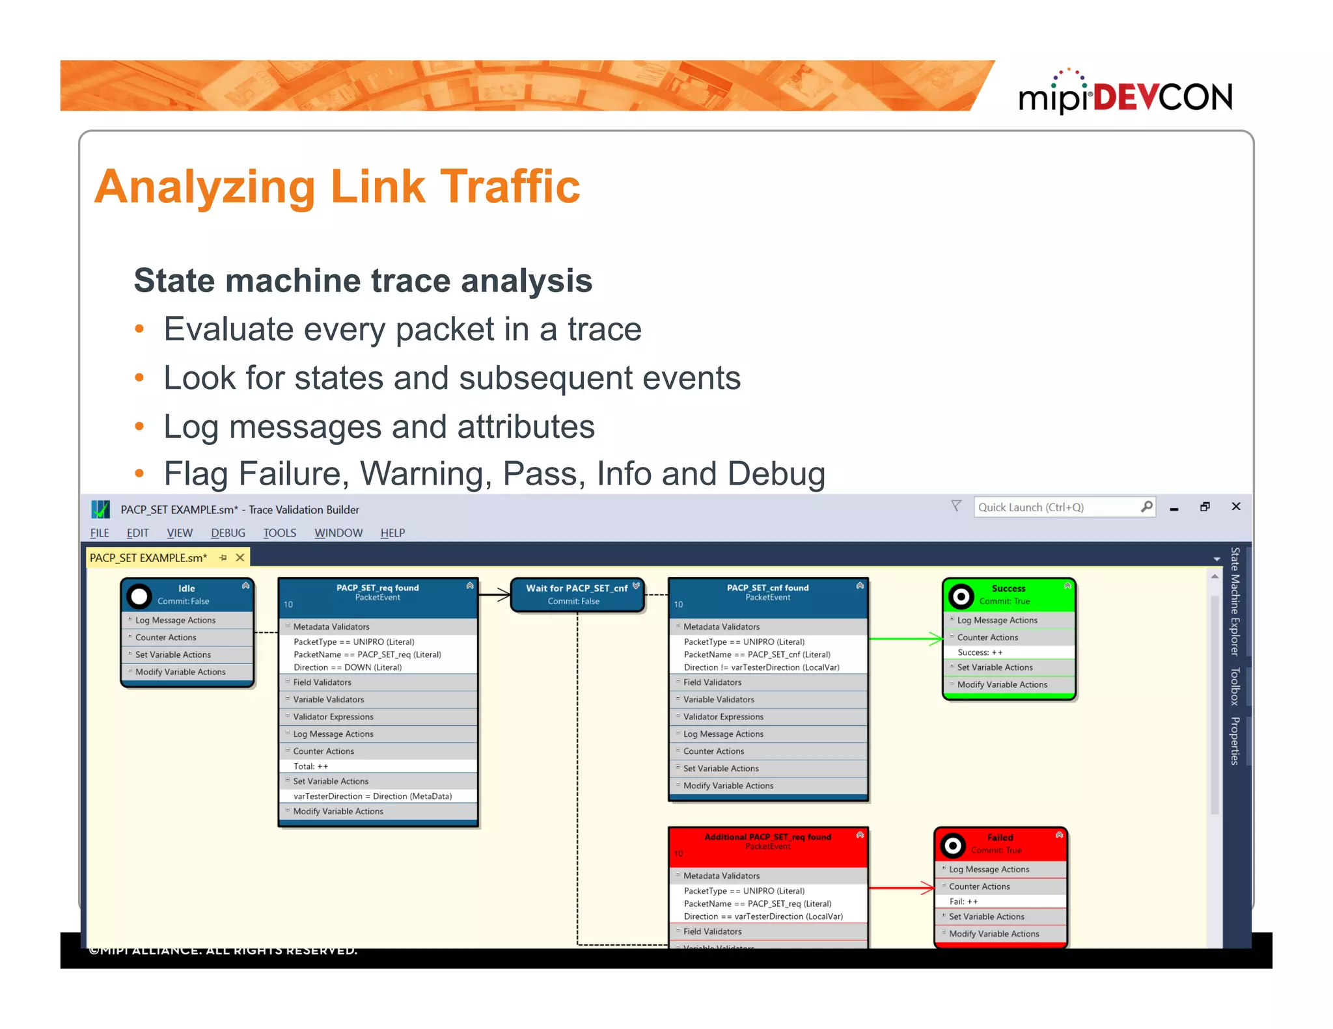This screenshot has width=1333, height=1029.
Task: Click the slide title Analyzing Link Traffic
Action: [337, 187]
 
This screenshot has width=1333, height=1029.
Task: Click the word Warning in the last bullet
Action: [426, 474]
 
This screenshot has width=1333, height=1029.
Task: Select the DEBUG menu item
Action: [228, 533]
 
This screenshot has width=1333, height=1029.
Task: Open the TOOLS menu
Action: [279, 533]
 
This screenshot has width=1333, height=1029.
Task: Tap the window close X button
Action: [1236, 507]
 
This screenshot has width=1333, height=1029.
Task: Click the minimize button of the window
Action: [1174, 508]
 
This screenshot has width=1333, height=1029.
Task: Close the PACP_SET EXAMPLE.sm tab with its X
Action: [240, 557]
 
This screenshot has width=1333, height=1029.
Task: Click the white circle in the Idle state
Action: [139, 596]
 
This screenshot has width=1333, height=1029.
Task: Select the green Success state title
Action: [1008, 588]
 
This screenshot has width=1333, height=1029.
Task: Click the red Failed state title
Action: [1000, 837]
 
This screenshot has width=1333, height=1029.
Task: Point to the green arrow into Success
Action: [906, 639]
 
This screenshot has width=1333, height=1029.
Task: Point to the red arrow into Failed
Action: [902, 888]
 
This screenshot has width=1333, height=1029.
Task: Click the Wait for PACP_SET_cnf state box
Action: [577, 595]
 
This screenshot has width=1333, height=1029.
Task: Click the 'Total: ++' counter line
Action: [311, 766]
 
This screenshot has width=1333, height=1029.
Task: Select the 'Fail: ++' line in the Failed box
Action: [963, 902]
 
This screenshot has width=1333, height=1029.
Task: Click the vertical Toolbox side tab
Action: [1234, 686]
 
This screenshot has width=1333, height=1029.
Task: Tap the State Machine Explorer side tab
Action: [1234, 601]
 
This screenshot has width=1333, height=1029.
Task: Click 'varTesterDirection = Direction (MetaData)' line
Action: [372, 796]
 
